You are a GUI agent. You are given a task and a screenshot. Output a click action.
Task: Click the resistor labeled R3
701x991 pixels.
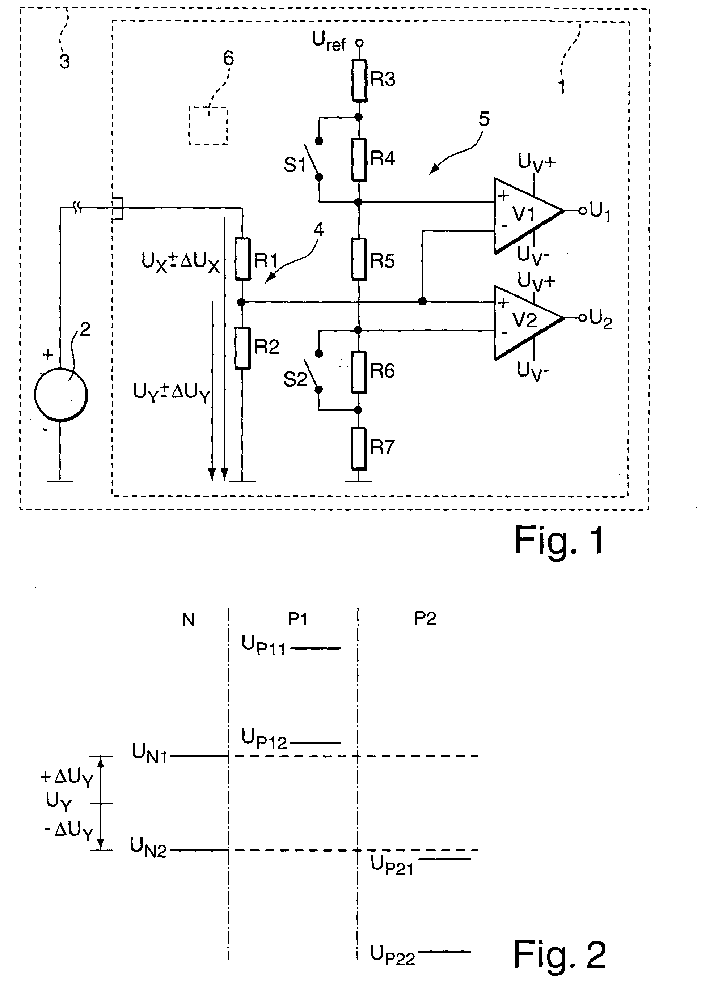[359, 80]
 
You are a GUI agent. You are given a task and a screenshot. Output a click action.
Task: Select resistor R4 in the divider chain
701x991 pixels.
[359, 159]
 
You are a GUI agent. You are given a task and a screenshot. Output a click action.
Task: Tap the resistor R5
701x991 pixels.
[359, 259]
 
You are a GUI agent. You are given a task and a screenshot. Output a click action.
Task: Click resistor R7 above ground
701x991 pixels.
[359, 448]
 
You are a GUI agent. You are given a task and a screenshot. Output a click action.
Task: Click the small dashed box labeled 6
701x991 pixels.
[208, 126]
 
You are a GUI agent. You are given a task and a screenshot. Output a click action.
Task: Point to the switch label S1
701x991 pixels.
[295, 165]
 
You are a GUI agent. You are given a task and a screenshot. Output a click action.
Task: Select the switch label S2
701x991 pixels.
[295, 379]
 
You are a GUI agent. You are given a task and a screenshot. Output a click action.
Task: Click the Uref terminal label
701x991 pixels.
[329, 42]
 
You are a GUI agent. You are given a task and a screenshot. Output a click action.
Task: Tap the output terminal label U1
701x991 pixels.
[600, 212]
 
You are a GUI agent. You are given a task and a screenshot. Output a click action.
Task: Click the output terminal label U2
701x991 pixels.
[601, 320]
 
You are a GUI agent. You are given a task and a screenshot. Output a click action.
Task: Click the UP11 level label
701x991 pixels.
[264, 646]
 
